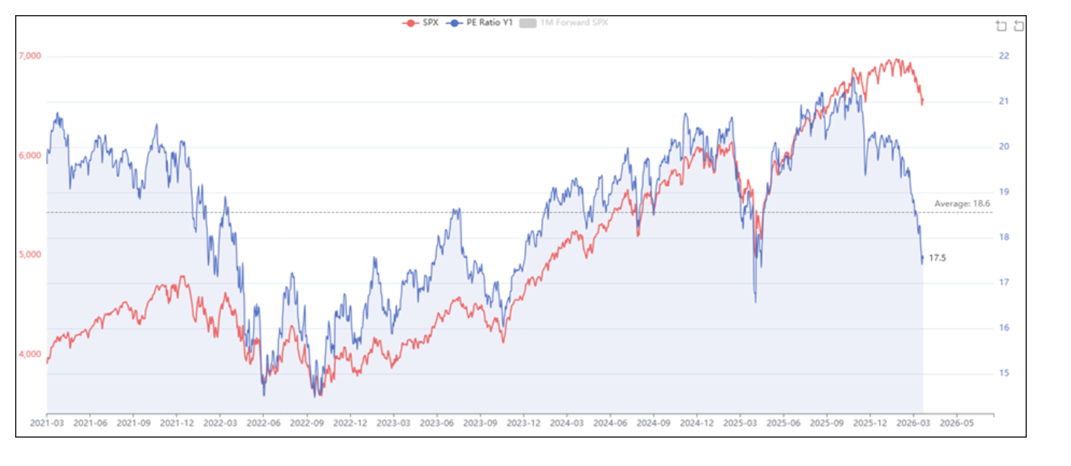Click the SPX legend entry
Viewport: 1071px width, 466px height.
click(421, 23)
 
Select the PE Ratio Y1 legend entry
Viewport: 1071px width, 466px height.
click(480, 23)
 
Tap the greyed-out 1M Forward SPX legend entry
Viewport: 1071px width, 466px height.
click(564, 23)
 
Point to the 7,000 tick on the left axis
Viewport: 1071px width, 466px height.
click(30, 56)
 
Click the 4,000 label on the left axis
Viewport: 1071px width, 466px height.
click(30, 354)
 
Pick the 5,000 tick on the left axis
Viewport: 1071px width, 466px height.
click(30, 254)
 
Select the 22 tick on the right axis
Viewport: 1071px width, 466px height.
click(1004, 56)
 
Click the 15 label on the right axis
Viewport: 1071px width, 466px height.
click(1004, 373)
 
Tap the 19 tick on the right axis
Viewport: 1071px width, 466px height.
click(1004, 192)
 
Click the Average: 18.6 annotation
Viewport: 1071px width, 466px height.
click(962, 204)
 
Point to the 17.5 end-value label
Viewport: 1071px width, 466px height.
click(937, 258)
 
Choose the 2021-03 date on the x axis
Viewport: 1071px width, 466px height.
click(47, 423)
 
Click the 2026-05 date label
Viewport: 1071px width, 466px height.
click(957, 423)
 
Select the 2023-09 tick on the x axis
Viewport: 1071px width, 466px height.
click(480, 423)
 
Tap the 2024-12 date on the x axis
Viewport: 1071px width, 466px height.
click(697, 423)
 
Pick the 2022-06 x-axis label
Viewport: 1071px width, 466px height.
click(263, 423)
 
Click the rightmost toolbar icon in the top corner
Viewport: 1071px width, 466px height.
click(1019, 26)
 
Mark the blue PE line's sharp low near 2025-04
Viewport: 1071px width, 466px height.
click(756, 301)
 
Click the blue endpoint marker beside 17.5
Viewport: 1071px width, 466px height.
click(922, 258)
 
